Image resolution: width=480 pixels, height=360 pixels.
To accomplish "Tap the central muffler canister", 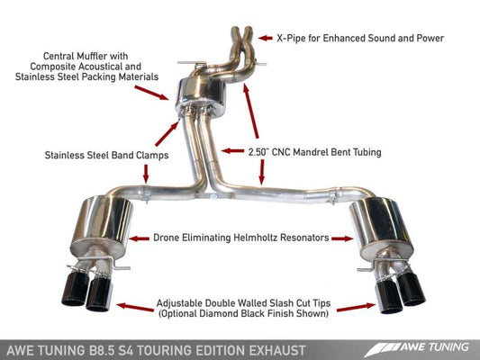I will (x=193, y=90).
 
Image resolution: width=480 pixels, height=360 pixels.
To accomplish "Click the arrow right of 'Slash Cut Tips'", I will (x=356, y=308).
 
